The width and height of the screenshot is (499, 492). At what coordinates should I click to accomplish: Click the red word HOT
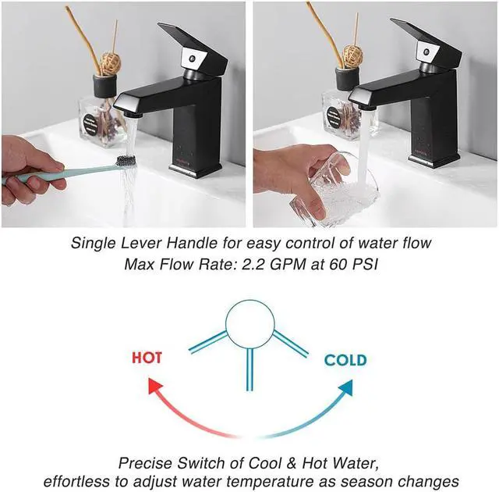tap(147, 358)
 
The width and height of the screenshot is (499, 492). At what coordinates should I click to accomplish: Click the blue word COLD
tap(345, 360)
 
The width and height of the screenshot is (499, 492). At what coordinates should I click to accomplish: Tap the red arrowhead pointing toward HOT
tap(156, 387)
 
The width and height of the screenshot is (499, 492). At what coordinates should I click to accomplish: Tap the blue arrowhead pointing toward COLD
tap(346, 387)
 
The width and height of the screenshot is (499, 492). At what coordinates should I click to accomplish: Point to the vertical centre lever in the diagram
tap(249, 369)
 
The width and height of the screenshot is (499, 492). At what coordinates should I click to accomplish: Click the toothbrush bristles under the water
tap(126, 160)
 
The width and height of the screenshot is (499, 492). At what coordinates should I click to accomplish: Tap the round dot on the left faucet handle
tap(192, 59)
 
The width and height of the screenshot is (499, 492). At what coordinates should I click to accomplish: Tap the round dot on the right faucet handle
tap(426, 52)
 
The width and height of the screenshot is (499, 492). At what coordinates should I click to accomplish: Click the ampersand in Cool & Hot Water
tap(292, 463)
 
